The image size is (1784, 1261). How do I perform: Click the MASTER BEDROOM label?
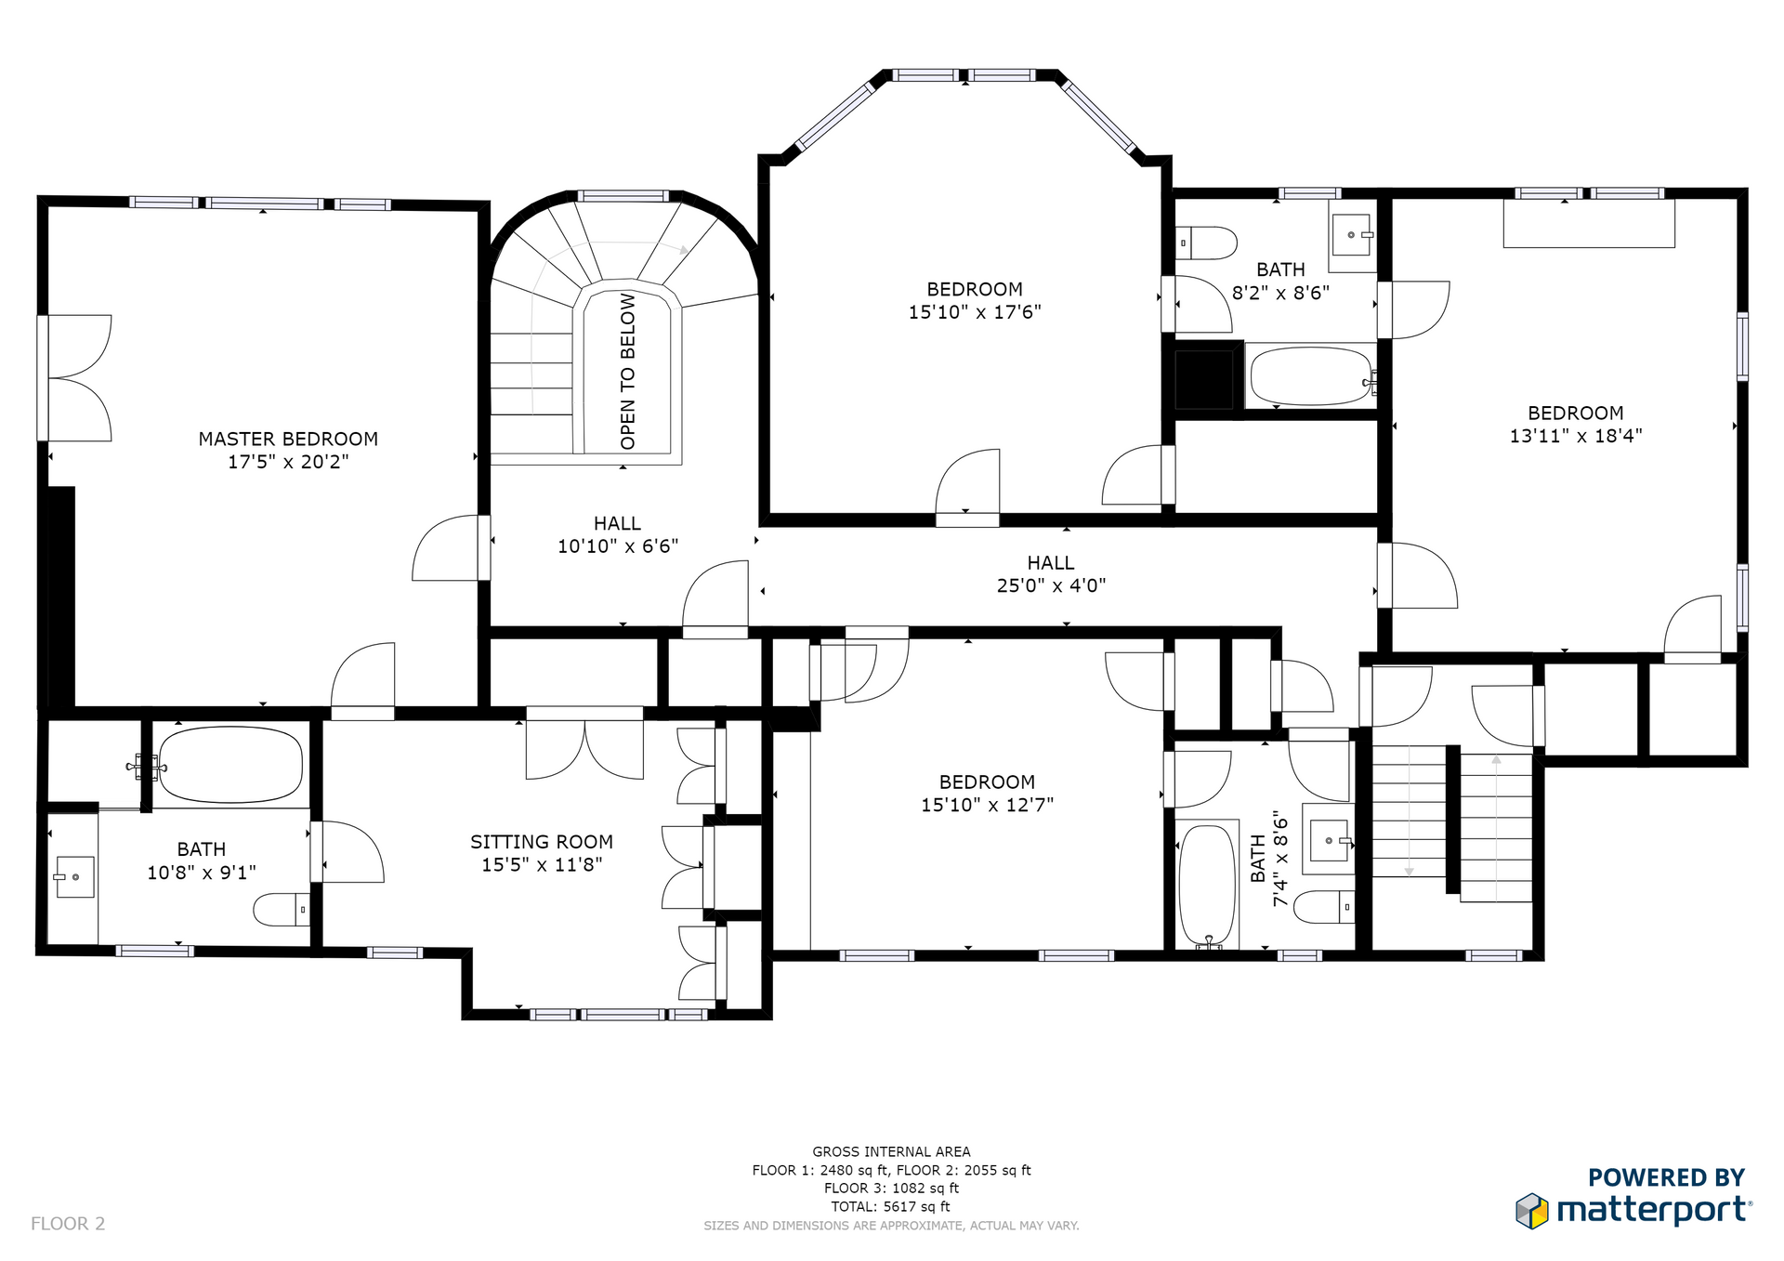click(x=288, y=439)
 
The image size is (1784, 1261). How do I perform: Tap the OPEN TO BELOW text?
click(x=628, y=371)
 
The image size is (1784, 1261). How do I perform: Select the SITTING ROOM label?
click(x=542, y=842)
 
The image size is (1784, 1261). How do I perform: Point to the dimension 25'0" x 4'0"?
click(x=1051, y=585)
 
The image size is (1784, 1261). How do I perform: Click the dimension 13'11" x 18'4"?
click(x=1576, y=436)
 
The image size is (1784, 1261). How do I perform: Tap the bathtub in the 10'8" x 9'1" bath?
click(x=230, y=765)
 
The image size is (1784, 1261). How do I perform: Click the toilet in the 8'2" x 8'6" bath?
click(x=1206, y=243)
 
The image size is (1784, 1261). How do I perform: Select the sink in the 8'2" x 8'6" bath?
click(x=1352, y=235)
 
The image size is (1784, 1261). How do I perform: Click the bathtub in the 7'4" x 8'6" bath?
click(x=1207, y=886)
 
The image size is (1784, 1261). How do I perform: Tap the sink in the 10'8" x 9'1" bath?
click(x=74, y=876)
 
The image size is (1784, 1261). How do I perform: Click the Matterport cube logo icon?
click(x=1532, y=1211)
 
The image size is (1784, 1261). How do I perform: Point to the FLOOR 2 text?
click(x=68, y=1224)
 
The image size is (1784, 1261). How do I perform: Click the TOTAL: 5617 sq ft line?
click(x=891, y=1206)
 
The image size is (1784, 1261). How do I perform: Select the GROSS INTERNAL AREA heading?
click(x=891, y=1151)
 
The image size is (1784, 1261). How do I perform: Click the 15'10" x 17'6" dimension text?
click(x=975, y=312)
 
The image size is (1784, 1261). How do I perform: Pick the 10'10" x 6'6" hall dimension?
click(x=618, y=546)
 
